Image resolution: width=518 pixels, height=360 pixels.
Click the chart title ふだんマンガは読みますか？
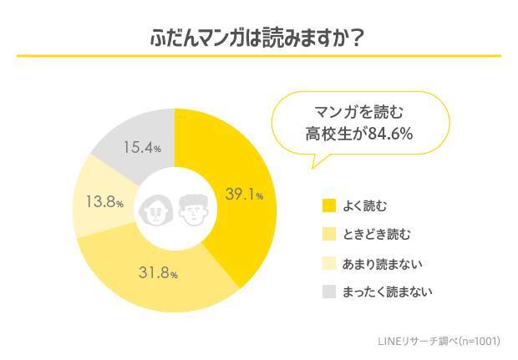[x=259, y=38]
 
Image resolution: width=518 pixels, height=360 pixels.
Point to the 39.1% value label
[x=244, y=195]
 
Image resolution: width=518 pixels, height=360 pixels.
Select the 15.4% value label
[x=142, y=147]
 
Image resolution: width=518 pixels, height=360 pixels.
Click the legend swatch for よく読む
[x=328, y=205]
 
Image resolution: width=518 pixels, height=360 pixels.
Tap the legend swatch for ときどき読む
[x=328, y=234]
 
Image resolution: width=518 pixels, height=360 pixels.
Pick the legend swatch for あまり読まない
[x=328, y=263]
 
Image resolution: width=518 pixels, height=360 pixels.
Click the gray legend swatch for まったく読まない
[x=328, y=292]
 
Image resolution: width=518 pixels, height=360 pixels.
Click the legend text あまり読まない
[x=382, y=263]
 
